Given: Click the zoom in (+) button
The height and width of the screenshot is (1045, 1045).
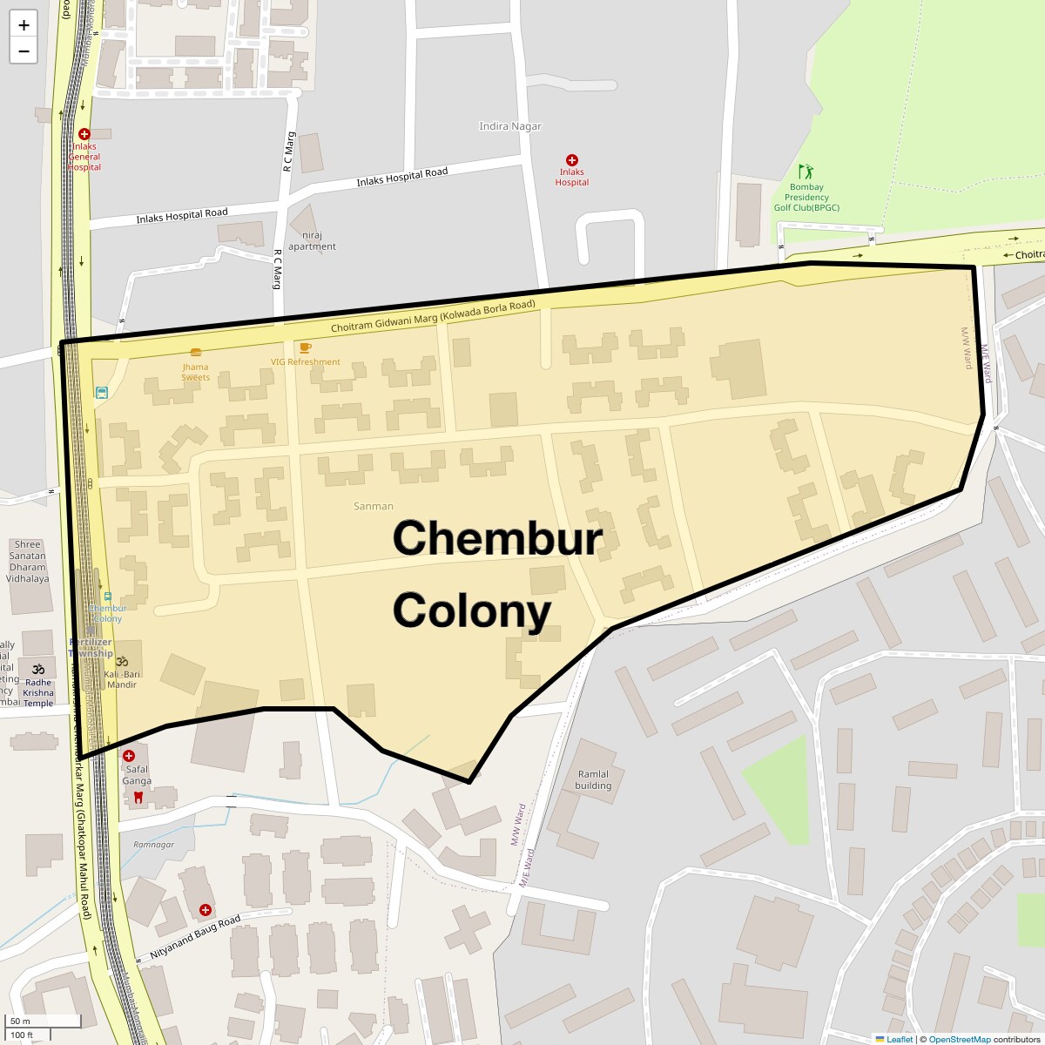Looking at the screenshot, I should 24,25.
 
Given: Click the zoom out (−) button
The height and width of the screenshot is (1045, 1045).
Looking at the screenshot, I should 24,51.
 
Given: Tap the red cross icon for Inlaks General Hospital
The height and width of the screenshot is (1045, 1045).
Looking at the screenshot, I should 84,134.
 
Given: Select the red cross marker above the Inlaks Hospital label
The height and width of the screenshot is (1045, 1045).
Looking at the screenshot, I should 572,160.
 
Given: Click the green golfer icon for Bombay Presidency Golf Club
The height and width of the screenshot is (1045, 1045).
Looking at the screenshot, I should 806,171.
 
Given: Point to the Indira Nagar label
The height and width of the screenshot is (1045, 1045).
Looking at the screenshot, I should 510,126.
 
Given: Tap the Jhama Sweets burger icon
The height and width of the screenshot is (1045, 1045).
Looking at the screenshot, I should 196,353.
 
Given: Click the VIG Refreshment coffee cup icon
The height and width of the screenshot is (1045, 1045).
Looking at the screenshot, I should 305,347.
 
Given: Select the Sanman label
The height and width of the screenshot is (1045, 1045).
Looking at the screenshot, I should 374,506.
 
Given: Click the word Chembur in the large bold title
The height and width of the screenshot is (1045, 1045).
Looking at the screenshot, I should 497,537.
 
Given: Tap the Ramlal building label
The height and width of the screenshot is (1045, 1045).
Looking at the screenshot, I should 593,779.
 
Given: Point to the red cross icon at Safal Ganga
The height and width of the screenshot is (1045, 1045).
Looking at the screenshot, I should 129,756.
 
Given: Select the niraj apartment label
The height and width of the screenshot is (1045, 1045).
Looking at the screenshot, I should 312,240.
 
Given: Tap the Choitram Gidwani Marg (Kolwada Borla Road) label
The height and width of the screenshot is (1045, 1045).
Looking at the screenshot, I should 433,316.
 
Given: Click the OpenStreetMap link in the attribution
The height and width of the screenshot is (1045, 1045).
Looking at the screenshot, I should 959,1039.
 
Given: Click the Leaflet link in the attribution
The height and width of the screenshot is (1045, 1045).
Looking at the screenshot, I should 899,1039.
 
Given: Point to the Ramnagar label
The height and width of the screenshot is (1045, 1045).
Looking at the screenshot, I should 154,845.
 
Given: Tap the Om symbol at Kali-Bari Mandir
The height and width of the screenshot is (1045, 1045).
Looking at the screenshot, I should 122,662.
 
